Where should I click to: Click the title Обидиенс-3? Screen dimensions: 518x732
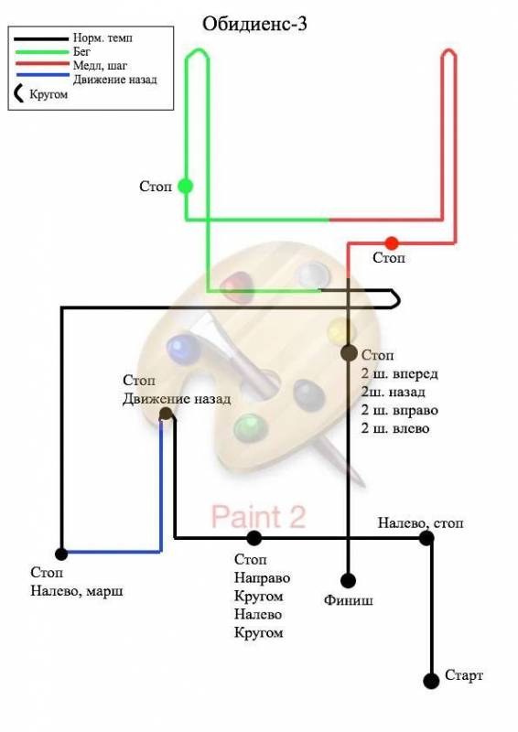point(254,25)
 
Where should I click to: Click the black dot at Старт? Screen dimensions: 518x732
point(431,681)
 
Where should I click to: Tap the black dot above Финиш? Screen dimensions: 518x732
point(348,581)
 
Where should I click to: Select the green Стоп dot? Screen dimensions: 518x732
point(186,187)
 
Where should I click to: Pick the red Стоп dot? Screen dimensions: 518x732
point(392,243)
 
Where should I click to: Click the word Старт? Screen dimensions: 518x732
point(464,675)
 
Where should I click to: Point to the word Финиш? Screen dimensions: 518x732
point(349,600)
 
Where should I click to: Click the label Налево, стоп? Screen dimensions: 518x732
point(420,523)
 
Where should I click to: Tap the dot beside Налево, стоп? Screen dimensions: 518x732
point(426,538)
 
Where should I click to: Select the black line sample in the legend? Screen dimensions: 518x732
point(41,38)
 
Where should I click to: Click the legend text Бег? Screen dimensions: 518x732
point(81,51)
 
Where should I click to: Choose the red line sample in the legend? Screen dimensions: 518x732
point(42,64)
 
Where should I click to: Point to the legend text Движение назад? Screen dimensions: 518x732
point(115,80)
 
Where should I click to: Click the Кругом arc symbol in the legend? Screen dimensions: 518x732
point(17,93)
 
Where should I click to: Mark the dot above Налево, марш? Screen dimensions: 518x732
point(61,554)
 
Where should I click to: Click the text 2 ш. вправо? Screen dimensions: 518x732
point(399,410)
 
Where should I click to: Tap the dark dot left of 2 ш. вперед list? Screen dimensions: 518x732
point(349,353)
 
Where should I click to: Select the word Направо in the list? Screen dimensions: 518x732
point(262,578)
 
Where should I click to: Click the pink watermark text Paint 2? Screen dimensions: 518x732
point(258,516)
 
